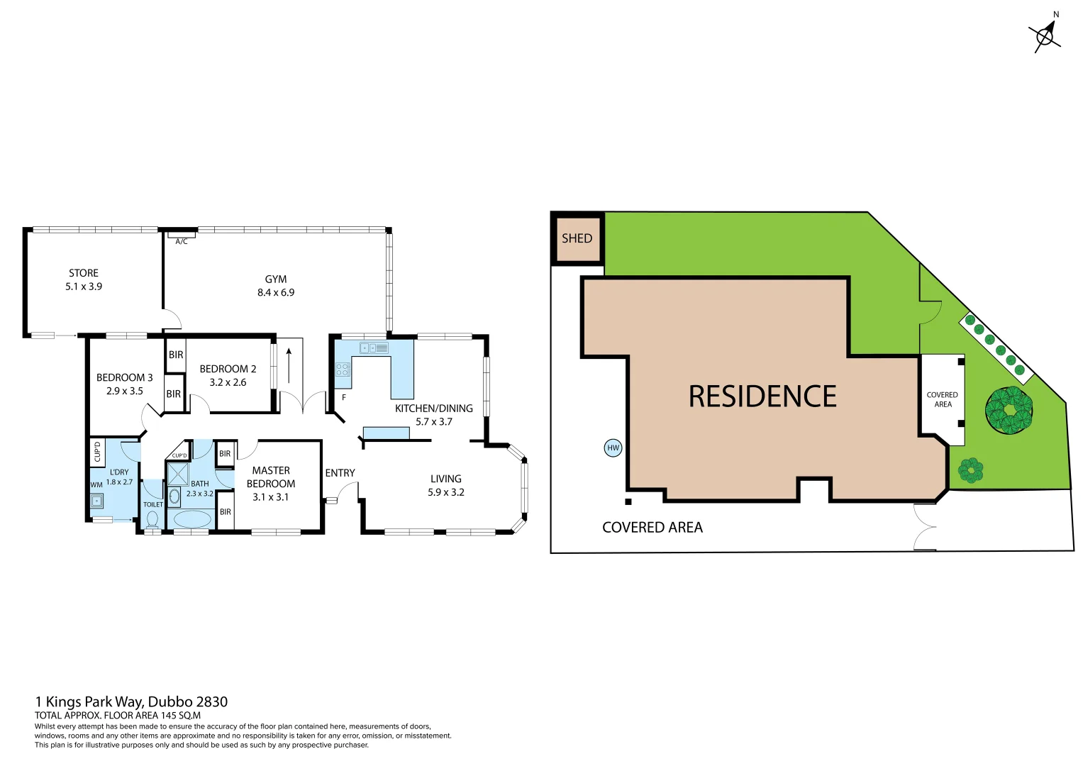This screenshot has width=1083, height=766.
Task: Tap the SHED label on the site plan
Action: [577, 238]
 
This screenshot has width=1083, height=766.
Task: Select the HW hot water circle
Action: [613, 448]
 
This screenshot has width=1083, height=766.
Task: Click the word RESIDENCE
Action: [762, 396]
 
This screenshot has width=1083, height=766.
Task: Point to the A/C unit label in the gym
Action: [182, 241]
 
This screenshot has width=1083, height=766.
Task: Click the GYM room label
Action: [276, 279]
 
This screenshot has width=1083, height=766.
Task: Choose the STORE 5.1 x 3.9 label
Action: [84, 279]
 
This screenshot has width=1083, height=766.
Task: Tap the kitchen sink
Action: [374, 348]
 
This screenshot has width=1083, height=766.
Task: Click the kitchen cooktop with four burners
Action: [343, 370]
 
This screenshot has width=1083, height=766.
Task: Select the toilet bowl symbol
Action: [152, 519]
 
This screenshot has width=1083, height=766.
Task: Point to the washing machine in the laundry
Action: [96, 501]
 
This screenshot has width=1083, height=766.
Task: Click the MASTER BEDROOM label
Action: [271, 477]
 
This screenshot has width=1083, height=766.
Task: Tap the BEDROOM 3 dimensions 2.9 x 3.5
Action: [125, 391]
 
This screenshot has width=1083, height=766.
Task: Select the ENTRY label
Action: [340, 473]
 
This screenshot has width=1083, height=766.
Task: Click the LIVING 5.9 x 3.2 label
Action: [446, 485]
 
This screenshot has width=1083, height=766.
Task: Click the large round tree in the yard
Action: [1009, 410]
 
